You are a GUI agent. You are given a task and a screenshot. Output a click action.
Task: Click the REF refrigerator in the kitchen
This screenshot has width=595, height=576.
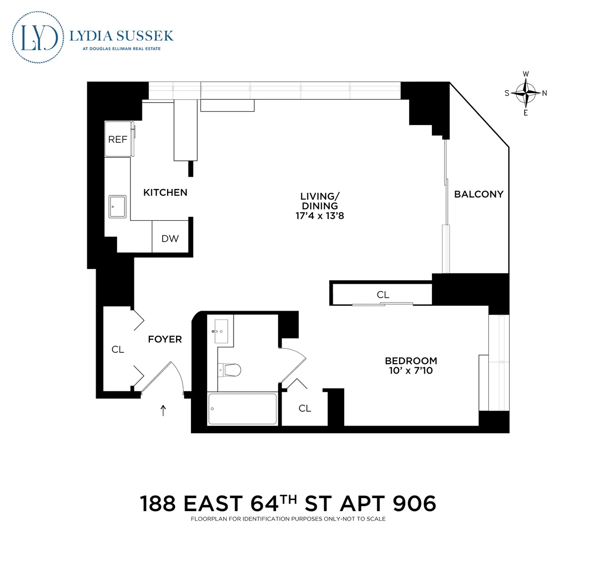pos(118,139)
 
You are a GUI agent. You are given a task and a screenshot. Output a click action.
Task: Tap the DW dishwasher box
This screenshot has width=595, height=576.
pos(170,239)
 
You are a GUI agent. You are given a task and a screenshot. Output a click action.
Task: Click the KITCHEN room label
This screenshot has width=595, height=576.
pos(165,192)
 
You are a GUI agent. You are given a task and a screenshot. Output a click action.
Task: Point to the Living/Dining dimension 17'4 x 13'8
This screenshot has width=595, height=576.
pos(319,216)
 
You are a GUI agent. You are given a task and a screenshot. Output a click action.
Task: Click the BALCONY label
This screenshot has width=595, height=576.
pos(478,194)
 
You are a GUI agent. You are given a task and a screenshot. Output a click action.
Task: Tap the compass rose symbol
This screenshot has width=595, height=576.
pos(526,93)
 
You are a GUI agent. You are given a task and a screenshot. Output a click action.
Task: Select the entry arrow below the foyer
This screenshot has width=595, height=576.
pos(163,410)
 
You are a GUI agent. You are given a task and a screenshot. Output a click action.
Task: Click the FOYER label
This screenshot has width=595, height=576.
pos(165,339)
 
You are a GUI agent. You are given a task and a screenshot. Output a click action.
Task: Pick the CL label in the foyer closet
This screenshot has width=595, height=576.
pos(118,350)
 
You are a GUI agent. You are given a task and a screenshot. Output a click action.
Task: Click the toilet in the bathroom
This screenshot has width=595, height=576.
pos(230,370)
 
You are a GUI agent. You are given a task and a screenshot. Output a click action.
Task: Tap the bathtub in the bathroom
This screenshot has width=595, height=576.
pos(242,409)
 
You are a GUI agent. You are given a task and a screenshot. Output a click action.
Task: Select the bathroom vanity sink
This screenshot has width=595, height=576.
pos(220,331)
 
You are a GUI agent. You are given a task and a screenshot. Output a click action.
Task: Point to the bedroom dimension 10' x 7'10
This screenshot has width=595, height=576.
pos(411,371)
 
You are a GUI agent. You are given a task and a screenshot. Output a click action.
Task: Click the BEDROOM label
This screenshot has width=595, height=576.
pos(411,361)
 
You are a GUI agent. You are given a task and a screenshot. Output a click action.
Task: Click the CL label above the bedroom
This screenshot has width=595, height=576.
pos(383,295)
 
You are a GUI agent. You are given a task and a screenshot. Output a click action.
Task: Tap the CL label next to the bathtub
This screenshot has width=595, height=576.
pos(304,408)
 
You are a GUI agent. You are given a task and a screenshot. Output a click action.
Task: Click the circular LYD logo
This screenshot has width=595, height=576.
pos(38,37)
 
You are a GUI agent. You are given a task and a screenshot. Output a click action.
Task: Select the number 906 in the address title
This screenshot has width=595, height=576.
pos(414,504)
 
